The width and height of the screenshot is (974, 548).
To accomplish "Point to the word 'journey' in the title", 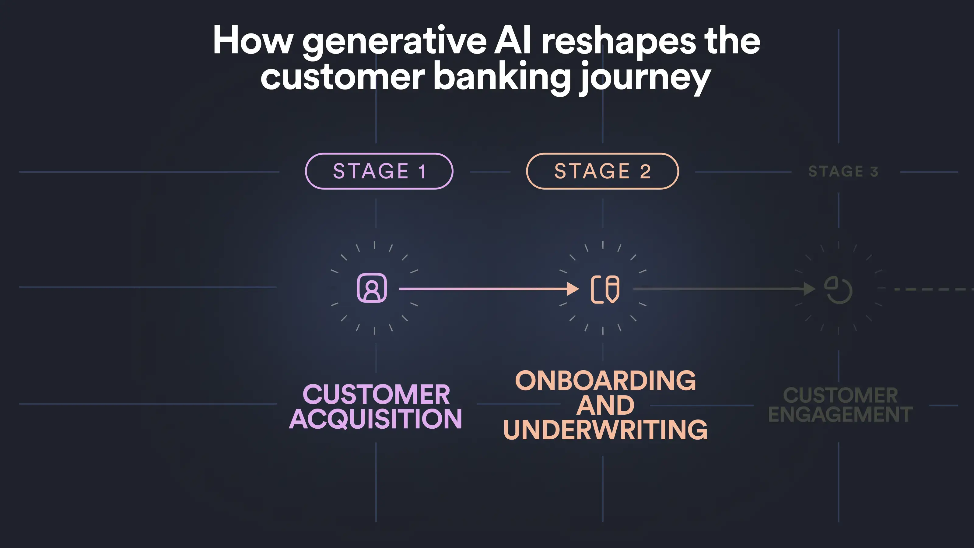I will pos(645,78).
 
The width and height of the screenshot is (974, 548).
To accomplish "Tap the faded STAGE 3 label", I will pos(843,172).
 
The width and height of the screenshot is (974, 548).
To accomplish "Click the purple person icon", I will pos(372,288).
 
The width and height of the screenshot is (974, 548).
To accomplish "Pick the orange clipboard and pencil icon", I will pos(605,289).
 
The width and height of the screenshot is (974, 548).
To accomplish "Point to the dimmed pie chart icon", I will pos(838,290).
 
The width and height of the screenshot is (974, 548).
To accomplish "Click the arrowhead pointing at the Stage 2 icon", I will pos(573,289).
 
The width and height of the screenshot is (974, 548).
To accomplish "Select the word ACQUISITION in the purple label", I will pos(376,419).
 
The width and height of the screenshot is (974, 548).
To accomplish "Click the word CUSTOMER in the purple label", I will pos(376,395).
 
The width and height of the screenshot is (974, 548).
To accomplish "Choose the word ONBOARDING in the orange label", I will pos(605,381).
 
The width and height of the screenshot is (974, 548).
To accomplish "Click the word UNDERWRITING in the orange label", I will pos(605,430).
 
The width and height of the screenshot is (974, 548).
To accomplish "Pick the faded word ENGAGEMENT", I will pos(840,414).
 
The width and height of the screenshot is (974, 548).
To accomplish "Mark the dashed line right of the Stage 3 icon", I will pos(934,289).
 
